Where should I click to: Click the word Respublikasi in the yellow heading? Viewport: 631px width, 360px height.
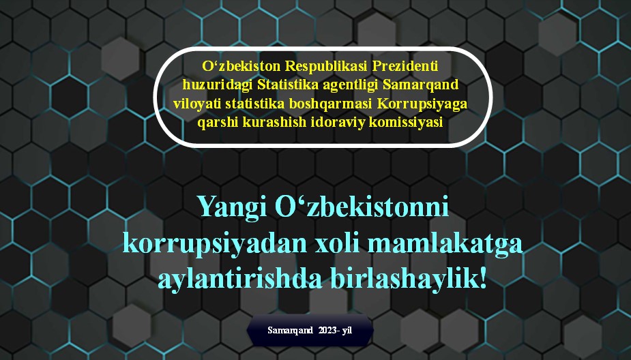tap(327, 67)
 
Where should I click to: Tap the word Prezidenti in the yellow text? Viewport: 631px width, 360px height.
tap(405, 66)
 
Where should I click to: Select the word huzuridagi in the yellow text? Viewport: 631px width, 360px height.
tap(218, 85)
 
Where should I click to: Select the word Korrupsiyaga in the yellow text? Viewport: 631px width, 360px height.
tap(422, 104)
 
